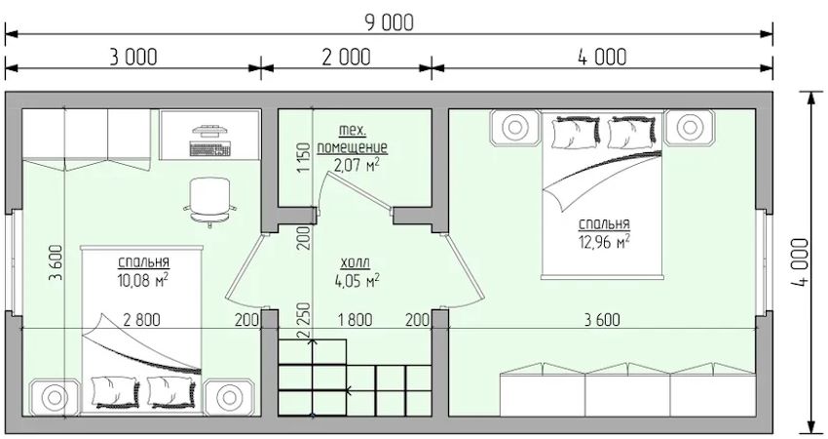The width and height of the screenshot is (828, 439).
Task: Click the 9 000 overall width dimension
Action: click(x=389, y=22)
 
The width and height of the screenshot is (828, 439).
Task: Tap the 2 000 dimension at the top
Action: click(x=347, y=58)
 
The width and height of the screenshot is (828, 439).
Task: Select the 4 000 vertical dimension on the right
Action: click(x=800, y=262)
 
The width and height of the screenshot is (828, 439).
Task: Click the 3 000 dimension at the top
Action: click(x=133, y=58)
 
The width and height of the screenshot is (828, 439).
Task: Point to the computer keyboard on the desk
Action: click(x=210, y=149)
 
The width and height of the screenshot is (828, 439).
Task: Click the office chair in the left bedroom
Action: click(x=209, y=201)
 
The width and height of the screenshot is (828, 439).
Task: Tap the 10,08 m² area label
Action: click(x=143, y=280)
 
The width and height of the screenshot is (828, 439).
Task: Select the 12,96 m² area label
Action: click(x=605, y=242)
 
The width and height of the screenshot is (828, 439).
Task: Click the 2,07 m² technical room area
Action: click(x=357, y=165)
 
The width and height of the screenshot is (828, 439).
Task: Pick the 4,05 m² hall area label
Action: click(x=357, y=280)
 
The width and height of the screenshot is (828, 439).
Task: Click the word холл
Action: click(x=356, y=262)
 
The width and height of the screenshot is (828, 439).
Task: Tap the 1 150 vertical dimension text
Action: click(x=304, y=158)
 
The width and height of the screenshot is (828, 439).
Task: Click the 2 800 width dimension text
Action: click(x=141, y=319)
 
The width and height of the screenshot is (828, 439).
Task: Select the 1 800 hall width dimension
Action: click(x=355, y=319)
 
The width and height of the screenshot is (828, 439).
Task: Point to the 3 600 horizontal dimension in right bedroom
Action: click(x=603, y=319)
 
